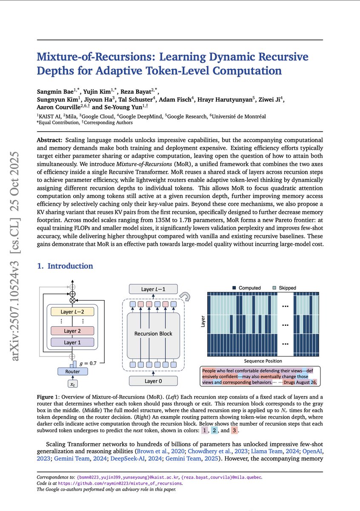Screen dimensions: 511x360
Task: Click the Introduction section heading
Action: (x=65, y=266)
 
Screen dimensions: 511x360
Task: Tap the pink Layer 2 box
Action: (x=72, y=331)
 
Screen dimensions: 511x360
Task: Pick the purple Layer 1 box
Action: (x=72, y=342)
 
